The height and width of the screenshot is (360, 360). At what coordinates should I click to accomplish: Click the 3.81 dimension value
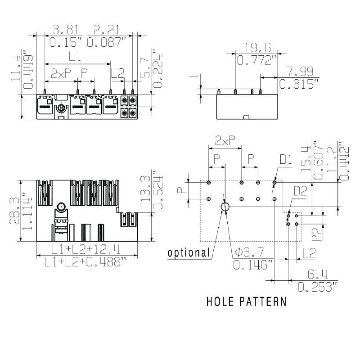[66, 30]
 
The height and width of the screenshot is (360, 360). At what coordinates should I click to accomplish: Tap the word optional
[189, 253]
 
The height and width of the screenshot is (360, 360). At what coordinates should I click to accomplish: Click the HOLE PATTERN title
[246, 301]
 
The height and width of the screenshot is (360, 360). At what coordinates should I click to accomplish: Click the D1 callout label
[286, 159]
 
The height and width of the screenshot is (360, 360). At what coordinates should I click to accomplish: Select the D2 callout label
[301, 191]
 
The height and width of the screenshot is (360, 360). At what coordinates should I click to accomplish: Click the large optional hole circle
[225, 207]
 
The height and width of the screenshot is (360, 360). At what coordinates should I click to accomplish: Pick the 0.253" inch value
[318, 287]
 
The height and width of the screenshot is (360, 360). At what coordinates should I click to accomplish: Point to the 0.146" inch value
[252, 265]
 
